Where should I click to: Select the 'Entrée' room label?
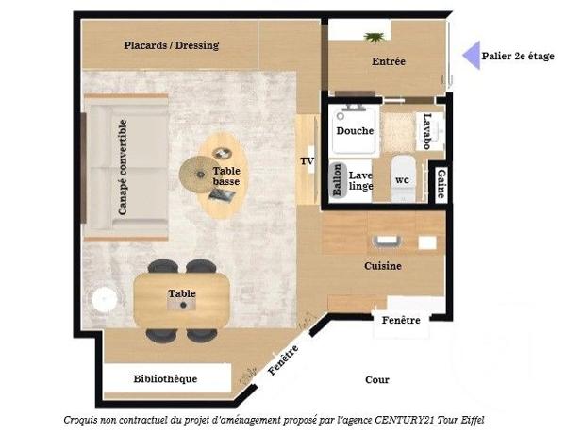pos(388,61)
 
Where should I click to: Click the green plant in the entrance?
pos(375,37)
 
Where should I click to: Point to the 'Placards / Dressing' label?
pos(171,45)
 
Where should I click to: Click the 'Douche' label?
pos(355,131)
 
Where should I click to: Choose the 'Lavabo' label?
pos(427,132)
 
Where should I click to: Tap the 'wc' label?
pos(402,179)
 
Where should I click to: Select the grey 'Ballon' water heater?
pos(336,180)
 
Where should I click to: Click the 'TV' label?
pos(307,161)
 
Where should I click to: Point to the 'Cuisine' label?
pos(383,266)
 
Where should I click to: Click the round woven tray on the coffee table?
pos(197,172)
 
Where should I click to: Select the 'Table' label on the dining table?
pos(182,293)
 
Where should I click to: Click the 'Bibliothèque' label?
pos(165,378)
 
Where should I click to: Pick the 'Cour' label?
pos(377,380)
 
